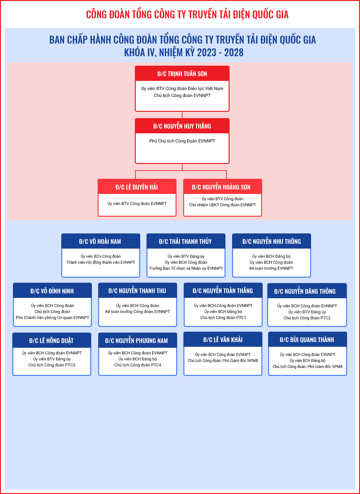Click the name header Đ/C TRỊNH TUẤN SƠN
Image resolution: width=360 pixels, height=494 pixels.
[182, 74]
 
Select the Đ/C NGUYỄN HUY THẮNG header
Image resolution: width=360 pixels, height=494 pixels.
[182, 126]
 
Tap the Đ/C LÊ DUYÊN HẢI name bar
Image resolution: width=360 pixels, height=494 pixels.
[137, 187]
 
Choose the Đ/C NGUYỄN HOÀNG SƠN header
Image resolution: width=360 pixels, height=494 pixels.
[222, 187]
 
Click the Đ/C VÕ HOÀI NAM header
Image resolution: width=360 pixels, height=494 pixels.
[101, 241]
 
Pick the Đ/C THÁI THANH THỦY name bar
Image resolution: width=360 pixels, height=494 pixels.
[186, 241]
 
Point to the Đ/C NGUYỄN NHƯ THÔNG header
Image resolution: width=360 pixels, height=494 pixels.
[271, 241]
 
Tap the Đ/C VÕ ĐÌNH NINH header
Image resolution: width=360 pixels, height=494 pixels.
[52, 291]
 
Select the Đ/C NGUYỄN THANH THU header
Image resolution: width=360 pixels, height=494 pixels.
[138, 291]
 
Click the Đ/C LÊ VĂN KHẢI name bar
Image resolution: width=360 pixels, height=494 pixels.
[223, 340]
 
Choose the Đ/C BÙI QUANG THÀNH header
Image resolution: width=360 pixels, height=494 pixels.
[308, 340]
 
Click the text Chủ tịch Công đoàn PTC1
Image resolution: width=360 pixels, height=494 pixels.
[223, 317]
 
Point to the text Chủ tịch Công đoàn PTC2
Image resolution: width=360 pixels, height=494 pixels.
[307, 318]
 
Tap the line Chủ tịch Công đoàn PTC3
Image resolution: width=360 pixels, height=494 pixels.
[52, 365]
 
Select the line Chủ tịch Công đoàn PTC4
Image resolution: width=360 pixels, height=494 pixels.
[138, 365]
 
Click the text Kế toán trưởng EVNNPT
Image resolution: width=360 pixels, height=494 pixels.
[271, 268]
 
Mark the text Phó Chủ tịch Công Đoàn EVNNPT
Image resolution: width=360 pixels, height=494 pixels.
[182, 141]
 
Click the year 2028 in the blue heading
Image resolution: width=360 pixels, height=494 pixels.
[234, 52]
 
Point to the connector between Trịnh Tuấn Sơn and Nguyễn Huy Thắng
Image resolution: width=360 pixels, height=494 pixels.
[182, 115]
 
